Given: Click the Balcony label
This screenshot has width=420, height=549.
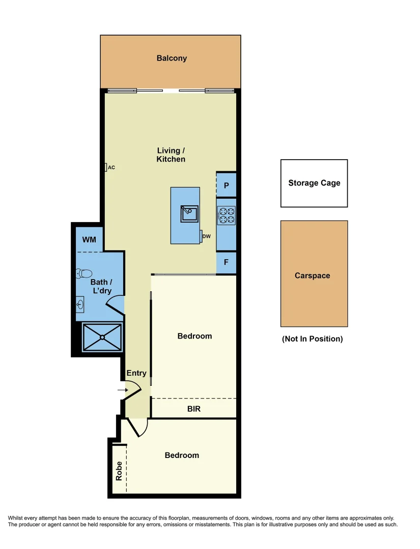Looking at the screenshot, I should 172,58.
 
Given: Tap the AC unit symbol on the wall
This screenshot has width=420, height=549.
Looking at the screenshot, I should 105,167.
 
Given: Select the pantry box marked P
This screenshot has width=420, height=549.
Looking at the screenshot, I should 226,186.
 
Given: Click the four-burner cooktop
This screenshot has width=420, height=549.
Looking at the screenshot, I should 226,215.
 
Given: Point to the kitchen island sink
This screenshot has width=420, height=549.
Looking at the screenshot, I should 189,214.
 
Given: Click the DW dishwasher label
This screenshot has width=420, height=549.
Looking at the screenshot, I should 206,236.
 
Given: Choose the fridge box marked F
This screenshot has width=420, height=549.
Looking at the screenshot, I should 226,263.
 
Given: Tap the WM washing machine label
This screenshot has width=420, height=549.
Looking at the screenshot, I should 89,239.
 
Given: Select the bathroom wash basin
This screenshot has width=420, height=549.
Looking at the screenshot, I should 80,305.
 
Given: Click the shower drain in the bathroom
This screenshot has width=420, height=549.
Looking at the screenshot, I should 103,337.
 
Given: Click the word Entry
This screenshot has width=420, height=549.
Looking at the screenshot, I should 136,373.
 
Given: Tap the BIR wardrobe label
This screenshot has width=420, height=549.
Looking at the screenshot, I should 194,409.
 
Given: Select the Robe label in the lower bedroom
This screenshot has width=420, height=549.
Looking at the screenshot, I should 119,471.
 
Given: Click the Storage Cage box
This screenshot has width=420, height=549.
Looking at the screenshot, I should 314,183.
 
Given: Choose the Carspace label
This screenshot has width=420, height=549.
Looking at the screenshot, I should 313,276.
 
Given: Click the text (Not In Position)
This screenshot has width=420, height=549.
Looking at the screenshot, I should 313,339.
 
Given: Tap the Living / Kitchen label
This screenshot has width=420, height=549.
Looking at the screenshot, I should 171,155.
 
